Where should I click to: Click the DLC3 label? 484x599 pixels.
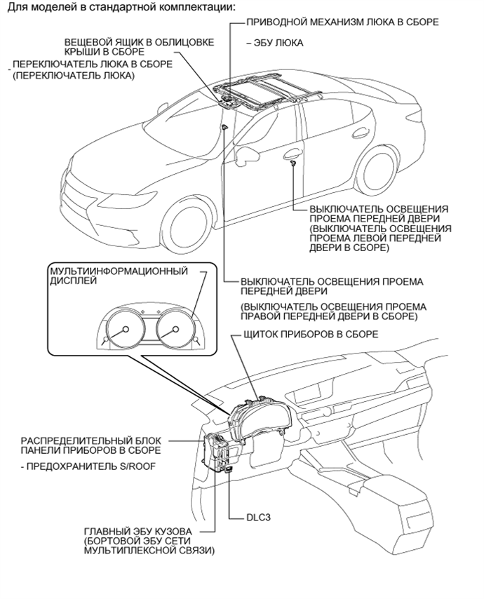pos(259,518)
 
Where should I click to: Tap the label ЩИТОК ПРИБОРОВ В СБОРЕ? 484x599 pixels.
pos(311,335)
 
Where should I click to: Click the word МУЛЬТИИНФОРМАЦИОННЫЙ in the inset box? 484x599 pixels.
pos(119,271)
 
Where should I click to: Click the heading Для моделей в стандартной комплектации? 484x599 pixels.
pos(121,6)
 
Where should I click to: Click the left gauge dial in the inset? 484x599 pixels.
pos(125,329)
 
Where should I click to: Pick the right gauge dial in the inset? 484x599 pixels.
pos(175,329)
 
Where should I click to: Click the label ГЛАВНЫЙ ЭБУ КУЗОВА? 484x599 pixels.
pos(138,532)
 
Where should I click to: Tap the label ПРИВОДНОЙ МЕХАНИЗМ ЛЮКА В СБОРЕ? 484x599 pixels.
pos(343,22)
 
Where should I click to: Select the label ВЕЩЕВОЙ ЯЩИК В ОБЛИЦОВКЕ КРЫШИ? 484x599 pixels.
pos(139,46)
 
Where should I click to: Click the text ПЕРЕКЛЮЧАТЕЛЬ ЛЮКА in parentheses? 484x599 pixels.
pos(74,76)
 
